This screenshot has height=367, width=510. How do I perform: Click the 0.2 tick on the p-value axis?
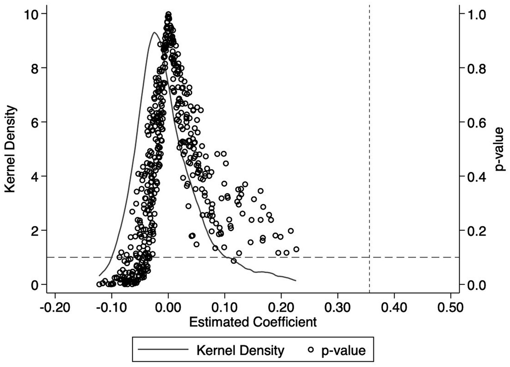pyautogui.click(x=477, y=230)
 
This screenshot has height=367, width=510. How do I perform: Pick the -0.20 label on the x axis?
pyautogui.click(x=55, y=308)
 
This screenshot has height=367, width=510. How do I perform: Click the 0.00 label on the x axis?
pyautogui.click(x=168, y=308)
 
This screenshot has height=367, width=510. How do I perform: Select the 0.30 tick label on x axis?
pyautogui.click(x=338, y=308)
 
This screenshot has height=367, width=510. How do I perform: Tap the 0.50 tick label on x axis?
pyautogui.click(x=451, y=308)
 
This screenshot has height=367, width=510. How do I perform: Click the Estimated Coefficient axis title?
pyautogui.click(x=253, y=322)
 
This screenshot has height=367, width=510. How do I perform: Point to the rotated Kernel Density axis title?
pyautogui.click(x=11, y=149)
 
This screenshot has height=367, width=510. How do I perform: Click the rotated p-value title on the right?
pyautogui.click(x=499, y=149)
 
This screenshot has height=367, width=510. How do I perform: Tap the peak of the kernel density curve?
pyautogui.click(x=154, y=32)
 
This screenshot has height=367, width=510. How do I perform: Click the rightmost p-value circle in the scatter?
pyautogui.click(x=296, y=249)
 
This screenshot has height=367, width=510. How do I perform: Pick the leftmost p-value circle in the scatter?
pyautogui.click(x=99, y=284)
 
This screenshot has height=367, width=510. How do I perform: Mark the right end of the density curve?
pyautogui.click(x=295, y=281)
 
